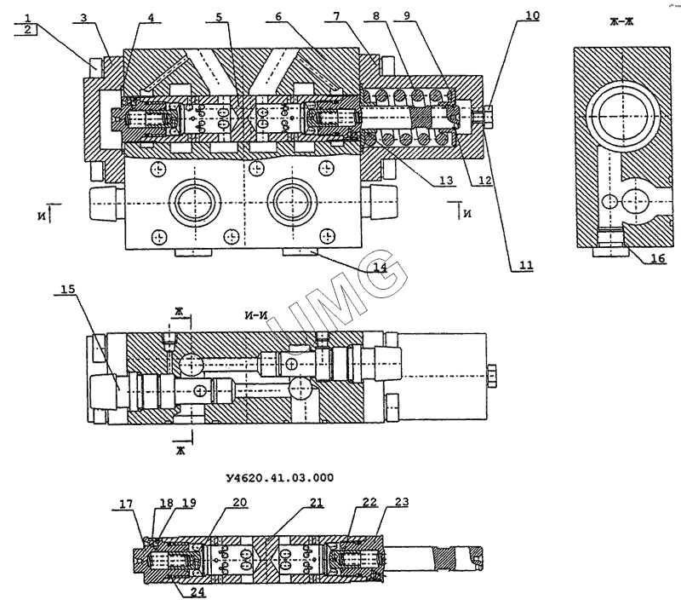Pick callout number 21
coord(316,502)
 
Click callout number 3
coord(85,17)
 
